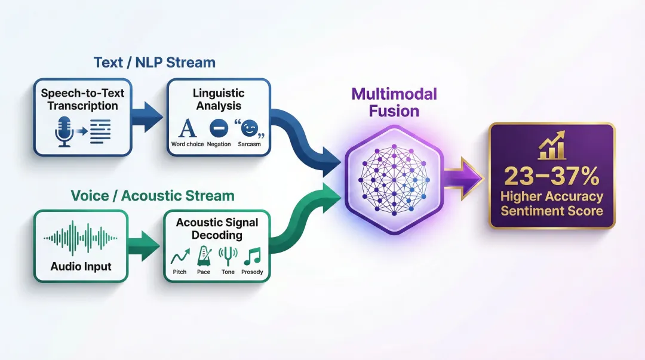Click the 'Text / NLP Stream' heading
tap(154, 62)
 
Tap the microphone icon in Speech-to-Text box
tap(64, 131)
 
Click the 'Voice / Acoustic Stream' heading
tap(152, 195)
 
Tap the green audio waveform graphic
tap(81, 239)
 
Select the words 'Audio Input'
tap(81, 266)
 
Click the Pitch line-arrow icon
tap(180, 257)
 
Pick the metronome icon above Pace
tap(204, 256)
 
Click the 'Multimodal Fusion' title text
tap(394, 102)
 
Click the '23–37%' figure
tap(551, 176)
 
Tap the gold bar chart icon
tap(551, 146)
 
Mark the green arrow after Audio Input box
tap(145, 245)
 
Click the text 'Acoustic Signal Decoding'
tap(217, 228)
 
